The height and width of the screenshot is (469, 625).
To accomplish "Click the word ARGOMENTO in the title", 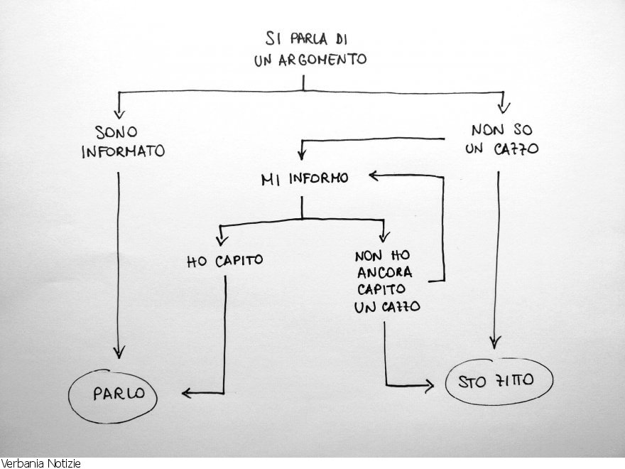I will [311, 59].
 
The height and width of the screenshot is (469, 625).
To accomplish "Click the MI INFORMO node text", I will [305, 179].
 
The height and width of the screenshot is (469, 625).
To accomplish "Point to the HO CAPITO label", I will [224, 261].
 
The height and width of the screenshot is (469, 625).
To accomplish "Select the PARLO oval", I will [114, 394].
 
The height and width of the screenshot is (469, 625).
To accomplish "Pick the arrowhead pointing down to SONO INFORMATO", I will [119, 111].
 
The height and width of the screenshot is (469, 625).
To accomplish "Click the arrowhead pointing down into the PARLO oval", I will [119, 352].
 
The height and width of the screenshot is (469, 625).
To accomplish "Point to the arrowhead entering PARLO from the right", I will [186, 392].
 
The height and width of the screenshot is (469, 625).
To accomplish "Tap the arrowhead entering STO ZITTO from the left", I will [428, 385].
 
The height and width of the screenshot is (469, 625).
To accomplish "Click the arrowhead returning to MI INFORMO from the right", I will [373, 176].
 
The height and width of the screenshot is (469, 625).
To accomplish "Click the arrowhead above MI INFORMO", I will [302, 155].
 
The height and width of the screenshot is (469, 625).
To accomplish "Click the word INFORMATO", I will [124, 151].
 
